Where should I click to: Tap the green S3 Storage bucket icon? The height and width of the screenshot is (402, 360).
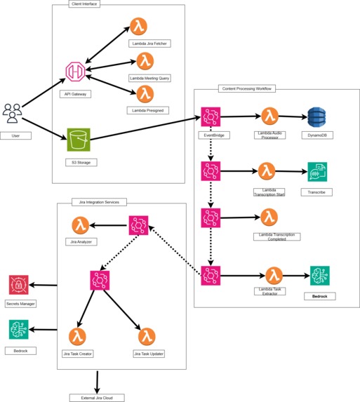79,139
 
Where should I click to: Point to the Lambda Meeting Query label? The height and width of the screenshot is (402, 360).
149,78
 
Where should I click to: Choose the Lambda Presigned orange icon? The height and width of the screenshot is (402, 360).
145,93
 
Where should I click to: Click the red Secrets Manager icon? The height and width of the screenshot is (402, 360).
18,285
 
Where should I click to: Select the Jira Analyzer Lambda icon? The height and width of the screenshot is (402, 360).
81,225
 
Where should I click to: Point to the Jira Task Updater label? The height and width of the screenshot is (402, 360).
147,354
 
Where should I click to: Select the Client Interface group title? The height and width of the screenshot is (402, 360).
85,4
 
